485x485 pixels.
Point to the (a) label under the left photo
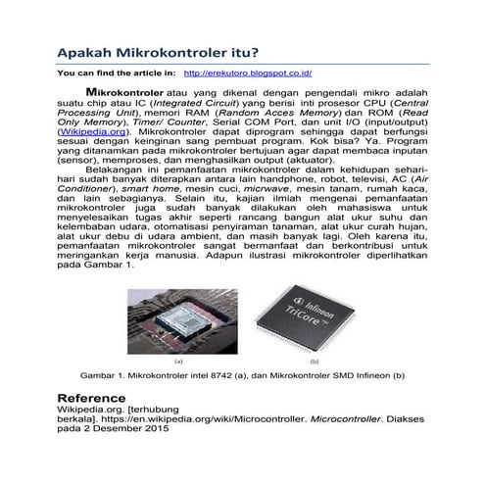[x=180, y=362]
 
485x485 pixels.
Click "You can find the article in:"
[x=117, y=73]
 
